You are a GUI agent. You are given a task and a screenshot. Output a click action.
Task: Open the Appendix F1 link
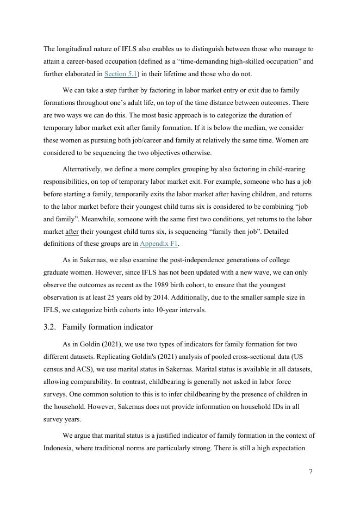point(159,244)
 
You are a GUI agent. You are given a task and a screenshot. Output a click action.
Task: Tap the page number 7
point(311,471)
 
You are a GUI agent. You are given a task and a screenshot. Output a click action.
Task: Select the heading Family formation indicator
point(108,327)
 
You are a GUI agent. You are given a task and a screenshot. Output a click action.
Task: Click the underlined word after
point(72,231)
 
